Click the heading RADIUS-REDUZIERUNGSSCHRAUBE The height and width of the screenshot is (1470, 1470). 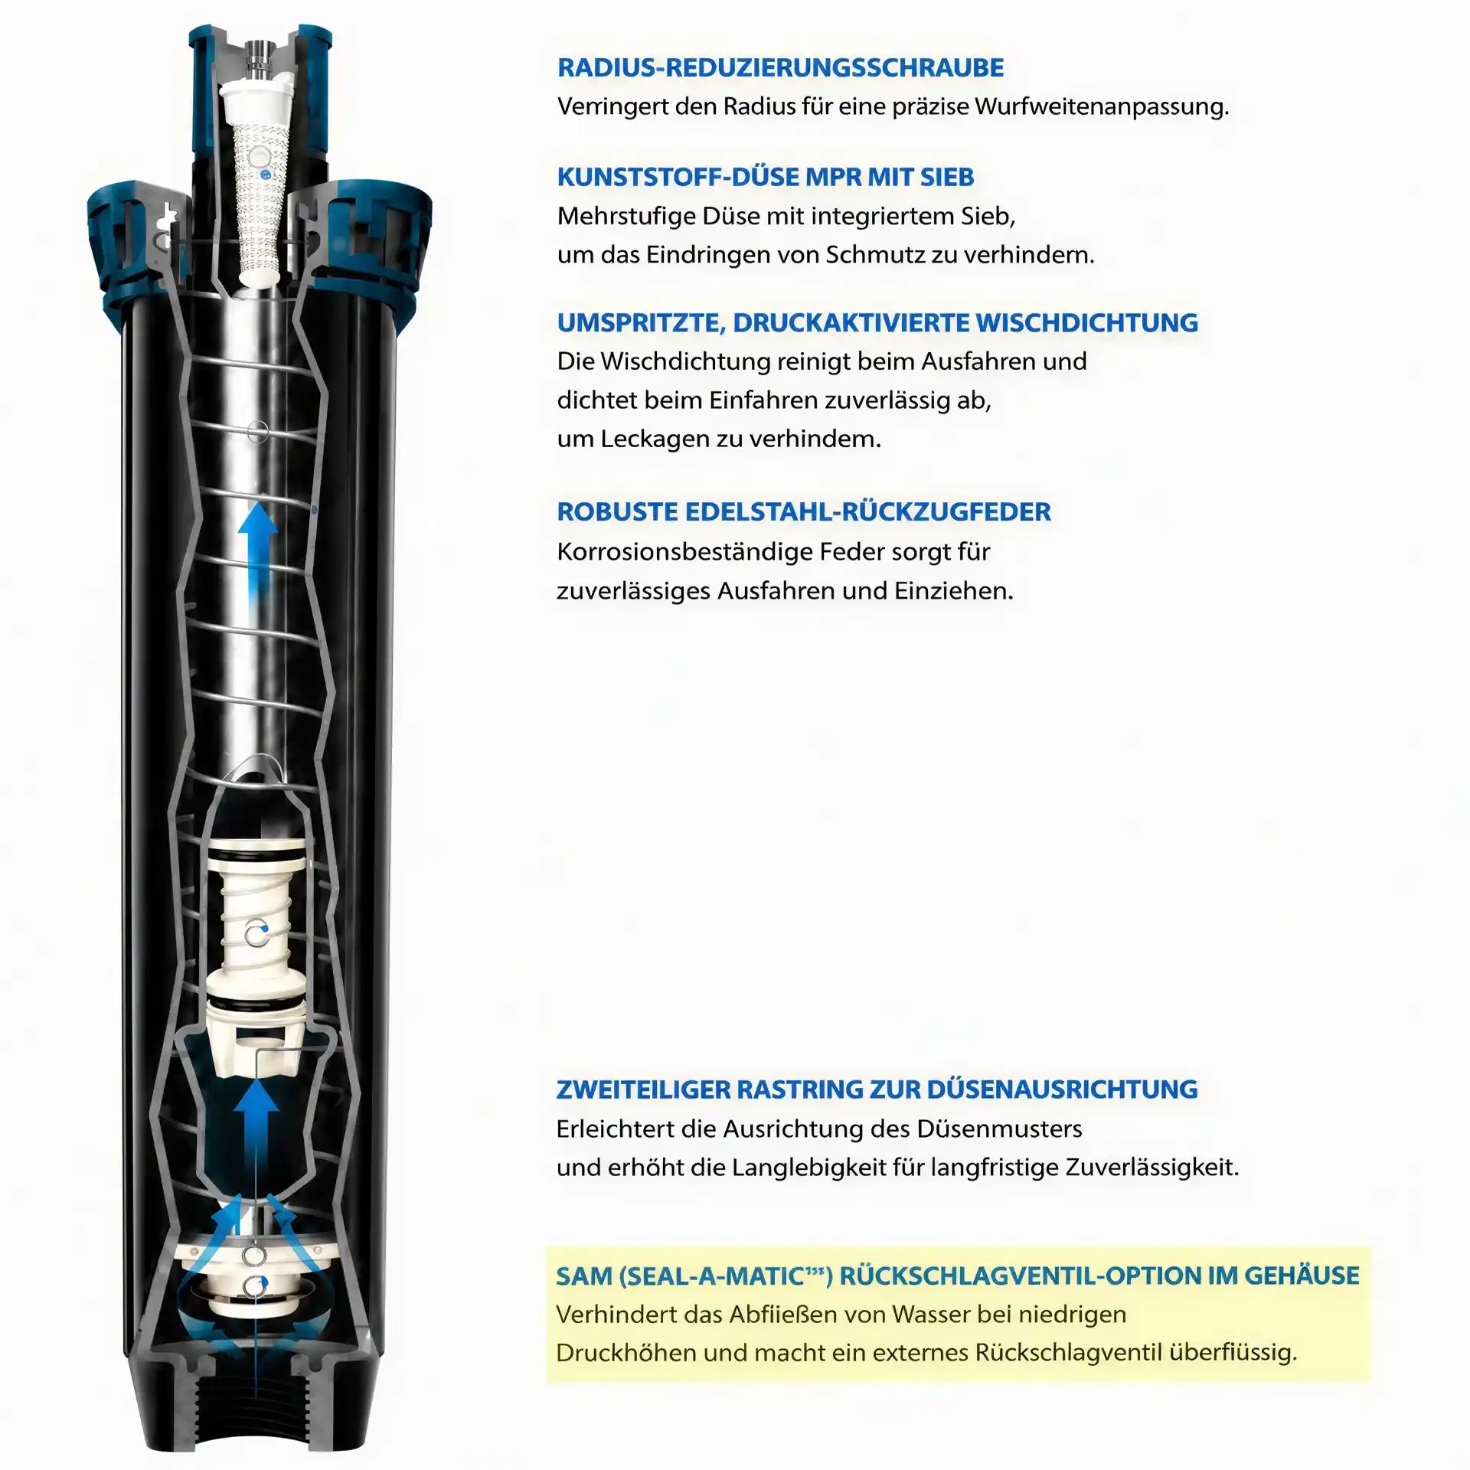pos(780,67)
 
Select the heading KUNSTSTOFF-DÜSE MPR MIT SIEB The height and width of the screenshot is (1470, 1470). pos(766,177)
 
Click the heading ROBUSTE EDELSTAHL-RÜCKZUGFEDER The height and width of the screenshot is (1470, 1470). pos(804,511)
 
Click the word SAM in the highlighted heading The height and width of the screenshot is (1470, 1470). pos(584,1276)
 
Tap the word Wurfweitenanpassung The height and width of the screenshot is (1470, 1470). pos(1101,106)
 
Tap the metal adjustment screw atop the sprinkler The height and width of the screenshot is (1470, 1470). pos(258,59)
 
